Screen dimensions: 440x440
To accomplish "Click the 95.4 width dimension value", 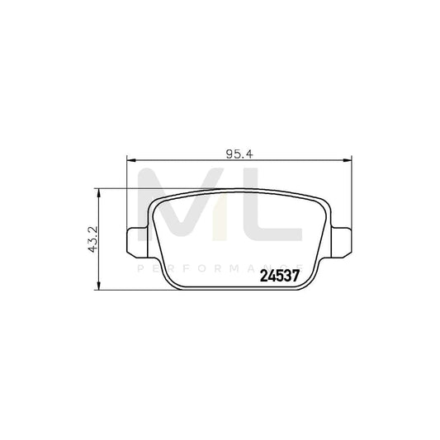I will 238,151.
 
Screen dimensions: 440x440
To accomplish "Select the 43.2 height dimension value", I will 92,239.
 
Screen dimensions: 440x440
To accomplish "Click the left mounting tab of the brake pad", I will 135,239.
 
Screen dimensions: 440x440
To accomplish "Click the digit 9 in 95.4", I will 228,151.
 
